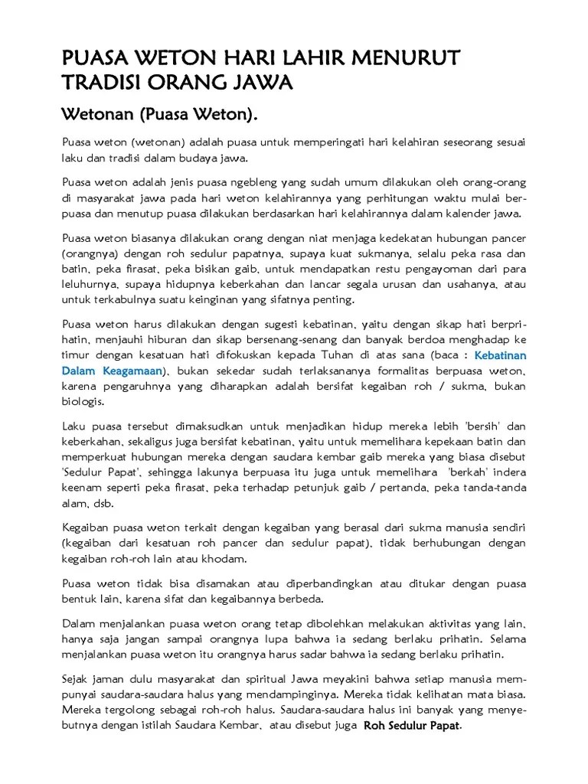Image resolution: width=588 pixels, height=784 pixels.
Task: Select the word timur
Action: tap(75, 355)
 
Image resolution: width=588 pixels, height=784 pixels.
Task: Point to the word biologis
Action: tap(85, 401)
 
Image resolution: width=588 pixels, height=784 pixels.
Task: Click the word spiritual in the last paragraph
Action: tap(242, 680)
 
